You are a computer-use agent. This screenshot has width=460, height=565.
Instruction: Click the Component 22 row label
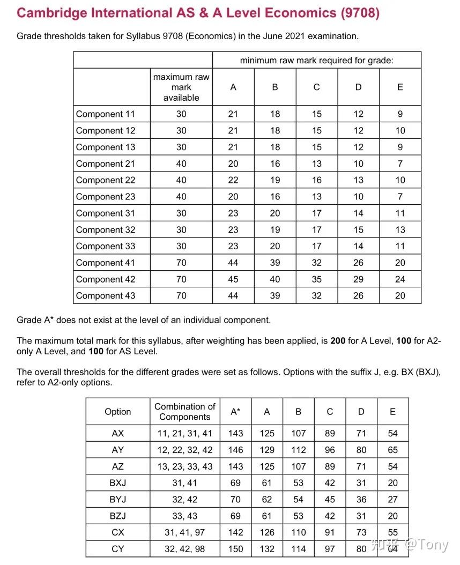tap(106, 180)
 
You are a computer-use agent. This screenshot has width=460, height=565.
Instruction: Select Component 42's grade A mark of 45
tap(233, 279)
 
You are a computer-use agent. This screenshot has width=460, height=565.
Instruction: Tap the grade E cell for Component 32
tap(400, 230)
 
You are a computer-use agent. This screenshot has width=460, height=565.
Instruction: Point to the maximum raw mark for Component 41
tap(181, 263)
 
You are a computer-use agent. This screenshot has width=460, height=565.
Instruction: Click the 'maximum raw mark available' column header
tap(181, 87)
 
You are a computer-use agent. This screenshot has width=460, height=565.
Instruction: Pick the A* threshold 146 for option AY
tap(235, 450)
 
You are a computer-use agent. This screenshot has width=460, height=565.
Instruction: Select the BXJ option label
tap(117, 483)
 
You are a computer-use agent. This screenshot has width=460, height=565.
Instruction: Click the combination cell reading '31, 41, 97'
tap(184, 533)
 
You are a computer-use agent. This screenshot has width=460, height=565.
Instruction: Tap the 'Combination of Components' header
tap(184, 412)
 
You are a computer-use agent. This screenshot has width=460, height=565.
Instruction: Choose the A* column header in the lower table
tap(235, 412)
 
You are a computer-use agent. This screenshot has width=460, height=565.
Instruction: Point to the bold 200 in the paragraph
tap(338, 341)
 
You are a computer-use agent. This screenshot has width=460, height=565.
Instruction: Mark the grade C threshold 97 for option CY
tap(330, 549)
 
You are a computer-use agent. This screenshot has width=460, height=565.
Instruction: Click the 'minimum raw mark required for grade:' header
tap(316, 61)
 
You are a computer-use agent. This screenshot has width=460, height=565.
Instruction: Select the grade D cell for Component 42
tap(358, 279)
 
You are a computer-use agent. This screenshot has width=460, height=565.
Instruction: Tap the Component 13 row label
tap(106, 147)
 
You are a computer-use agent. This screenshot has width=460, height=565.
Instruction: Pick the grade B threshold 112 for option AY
tap(298, 450)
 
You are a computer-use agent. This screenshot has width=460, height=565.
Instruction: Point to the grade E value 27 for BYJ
tap(392, 500)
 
